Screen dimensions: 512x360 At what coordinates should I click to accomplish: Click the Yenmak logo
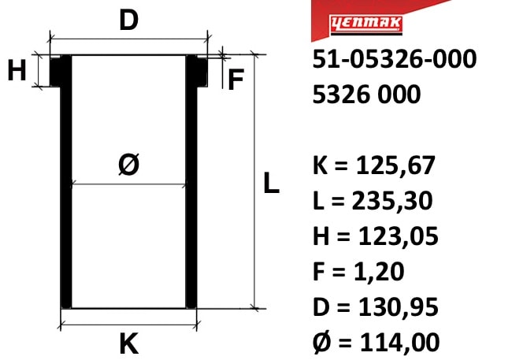366,24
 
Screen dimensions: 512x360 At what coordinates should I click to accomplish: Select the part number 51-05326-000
395,59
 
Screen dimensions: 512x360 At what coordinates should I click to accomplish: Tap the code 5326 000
366,94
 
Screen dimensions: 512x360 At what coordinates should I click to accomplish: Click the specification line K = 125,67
374,165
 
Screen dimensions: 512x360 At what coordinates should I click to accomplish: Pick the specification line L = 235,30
373,201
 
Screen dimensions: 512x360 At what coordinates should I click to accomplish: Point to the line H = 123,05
376,236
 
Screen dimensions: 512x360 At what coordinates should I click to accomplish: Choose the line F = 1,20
358,271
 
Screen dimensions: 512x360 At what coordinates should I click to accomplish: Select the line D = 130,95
376,306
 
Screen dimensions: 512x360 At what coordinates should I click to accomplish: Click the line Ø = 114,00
377,343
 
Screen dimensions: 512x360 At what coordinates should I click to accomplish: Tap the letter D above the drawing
129,20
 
